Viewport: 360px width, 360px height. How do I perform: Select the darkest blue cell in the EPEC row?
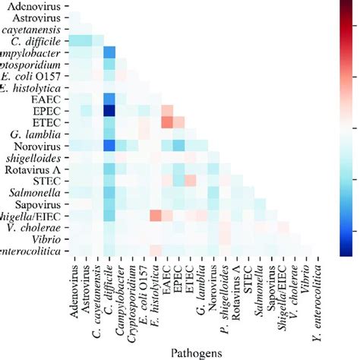[x=109, y=111]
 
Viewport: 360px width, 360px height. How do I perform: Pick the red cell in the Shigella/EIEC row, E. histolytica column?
[x=154, y=216]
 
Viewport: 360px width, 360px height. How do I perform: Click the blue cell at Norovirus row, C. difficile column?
[x=109, y=146]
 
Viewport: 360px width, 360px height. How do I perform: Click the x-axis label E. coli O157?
[x=142, y=289]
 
